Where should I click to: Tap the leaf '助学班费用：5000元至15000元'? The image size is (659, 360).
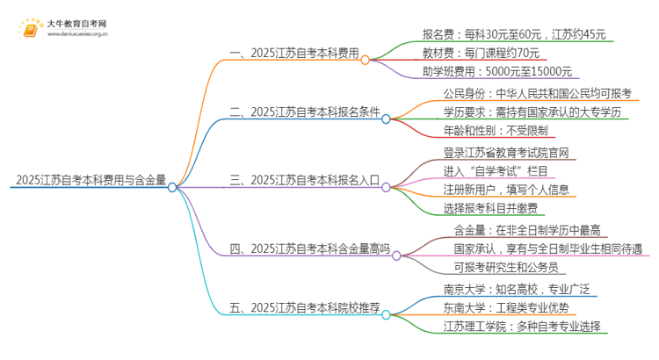click(496, 72)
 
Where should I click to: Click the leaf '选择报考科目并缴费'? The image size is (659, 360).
click(490, 208)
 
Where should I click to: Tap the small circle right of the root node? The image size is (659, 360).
click(172, 186)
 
